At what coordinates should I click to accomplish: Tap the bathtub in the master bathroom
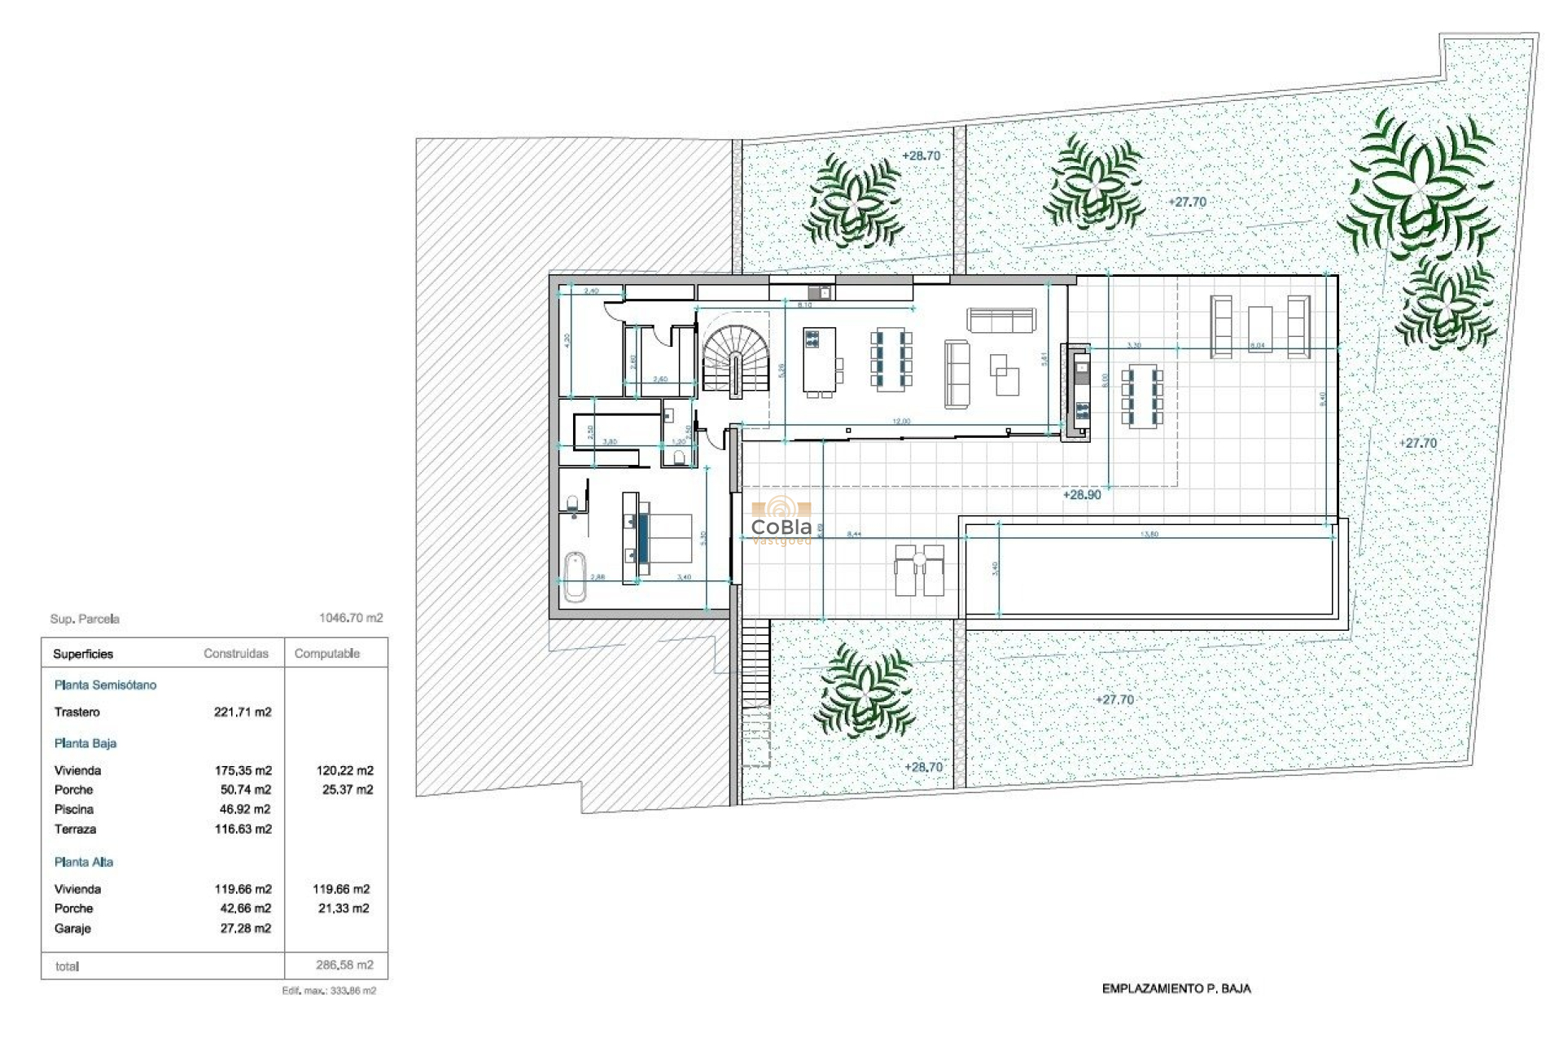point(575,576)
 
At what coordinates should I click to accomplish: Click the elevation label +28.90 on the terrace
point(1082,494)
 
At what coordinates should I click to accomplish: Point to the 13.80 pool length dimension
point(1149,534)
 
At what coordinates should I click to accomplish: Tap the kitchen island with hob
point(819,360)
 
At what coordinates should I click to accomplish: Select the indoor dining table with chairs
point(891,360)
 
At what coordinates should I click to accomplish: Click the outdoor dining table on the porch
point(1141,397)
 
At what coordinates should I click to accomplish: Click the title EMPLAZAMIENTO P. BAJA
point(1176,988)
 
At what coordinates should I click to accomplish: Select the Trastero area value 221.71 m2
point(243,712)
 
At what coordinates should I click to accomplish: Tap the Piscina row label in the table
point(74,809)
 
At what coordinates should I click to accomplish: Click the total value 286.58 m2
point(344,965)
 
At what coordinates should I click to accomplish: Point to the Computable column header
point(326,654)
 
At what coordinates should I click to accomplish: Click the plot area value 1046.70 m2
point(350,618)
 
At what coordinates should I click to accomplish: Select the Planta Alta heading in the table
point(84,862)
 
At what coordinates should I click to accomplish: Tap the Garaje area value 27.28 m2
point(245,928)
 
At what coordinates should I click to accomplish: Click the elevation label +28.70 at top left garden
point(921,155)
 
